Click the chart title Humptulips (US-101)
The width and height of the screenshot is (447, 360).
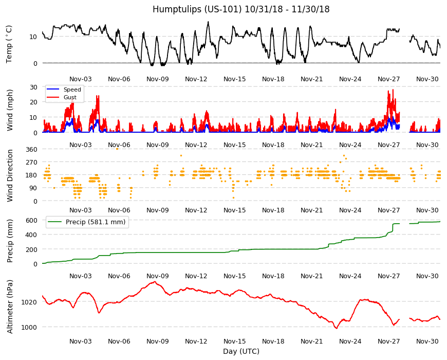[197, 9]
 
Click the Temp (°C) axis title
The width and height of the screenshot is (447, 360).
[9, 44]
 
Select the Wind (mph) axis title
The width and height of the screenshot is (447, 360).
[10, 110]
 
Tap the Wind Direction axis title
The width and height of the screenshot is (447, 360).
[10, 175]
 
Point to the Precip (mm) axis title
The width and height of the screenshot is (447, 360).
[10, 241]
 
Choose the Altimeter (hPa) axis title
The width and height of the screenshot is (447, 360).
[10, 307]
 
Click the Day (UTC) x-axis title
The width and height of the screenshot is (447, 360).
[241, 351]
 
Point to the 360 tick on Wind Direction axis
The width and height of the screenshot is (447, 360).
[31, 150]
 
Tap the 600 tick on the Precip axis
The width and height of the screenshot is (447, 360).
[31, 220]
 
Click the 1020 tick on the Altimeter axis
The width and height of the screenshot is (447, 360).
[29, 302]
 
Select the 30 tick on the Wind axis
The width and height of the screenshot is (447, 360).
[33, 87]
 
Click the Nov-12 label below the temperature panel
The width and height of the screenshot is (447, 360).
[196, 79]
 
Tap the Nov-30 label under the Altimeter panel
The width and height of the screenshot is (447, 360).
[427, 341]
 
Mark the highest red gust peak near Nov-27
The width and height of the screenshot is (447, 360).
[393, 89]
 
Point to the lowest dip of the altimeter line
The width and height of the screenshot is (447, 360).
[337, 328]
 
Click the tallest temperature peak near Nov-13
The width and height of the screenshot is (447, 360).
[208, 22]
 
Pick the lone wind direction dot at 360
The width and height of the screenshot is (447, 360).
[117, 149]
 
